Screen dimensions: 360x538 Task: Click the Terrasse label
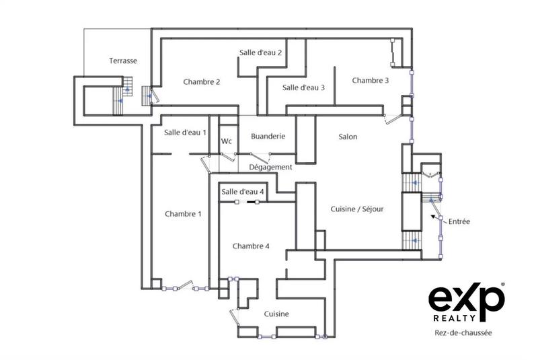coord(123,61)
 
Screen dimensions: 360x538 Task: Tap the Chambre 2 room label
coord(202,82)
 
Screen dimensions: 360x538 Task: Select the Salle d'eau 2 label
coord(260,52)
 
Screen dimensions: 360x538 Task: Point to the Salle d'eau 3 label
coord(303,87)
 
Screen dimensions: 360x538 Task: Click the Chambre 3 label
coord(370,81)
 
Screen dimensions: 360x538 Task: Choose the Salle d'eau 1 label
coord(185,133)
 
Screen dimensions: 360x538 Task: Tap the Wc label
coord(227,141)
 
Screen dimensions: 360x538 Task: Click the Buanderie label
coord(268,137)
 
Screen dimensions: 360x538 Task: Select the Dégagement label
coord(270,167)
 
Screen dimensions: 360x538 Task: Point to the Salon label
coord(348,137)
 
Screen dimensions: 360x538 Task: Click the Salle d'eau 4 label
coord(243,192)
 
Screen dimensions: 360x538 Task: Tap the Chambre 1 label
coord(183,214)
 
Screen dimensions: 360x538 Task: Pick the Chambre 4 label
coord(251,246)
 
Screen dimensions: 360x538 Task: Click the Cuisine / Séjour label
coord(356,209)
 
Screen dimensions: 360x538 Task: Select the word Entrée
coord(459,221)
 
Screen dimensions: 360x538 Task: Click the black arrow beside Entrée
coord(434,217)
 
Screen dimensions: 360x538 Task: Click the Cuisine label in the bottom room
coord(276,314)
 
